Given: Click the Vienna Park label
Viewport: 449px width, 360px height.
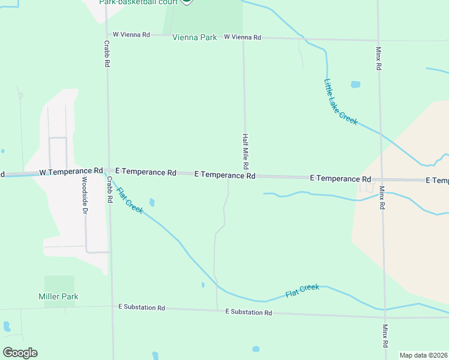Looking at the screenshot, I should click(194, 37).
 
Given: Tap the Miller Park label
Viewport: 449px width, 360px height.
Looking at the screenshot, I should click(58, 296).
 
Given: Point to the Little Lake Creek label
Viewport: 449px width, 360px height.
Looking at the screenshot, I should click(340, 102).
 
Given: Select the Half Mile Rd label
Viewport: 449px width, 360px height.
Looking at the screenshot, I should click(246, 151).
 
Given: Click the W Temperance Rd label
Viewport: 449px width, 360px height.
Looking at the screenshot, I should click(71, 172).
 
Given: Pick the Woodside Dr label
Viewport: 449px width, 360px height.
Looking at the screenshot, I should click(85, 196).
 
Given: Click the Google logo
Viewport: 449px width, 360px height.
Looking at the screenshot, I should click(20, 353).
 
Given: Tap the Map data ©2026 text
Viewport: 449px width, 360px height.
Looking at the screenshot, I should click(423, 355).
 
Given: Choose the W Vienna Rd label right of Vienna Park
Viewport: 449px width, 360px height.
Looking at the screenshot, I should click(243, 37).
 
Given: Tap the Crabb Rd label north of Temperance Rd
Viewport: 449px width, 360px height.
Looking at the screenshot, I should click(106, 53).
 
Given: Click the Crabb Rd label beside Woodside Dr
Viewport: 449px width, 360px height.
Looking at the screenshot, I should click(110, 190).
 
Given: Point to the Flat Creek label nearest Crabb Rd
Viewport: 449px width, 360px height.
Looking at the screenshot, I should click(129, 201).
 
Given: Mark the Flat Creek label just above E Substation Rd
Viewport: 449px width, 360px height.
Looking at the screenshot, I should click(302, 290).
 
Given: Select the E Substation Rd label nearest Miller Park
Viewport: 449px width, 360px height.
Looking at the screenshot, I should click(141, 307).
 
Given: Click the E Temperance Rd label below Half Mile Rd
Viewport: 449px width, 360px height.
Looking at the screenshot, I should click(225, 175).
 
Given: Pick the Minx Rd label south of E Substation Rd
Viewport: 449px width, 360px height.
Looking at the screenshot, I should click(385, 337).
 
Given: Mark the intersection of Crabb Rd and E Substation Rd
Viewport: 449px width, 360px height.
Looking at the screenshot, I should click(112, 306).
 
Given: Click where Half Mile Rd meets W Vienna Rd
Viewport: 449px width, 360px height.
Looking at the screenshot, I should click(243, 37).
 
